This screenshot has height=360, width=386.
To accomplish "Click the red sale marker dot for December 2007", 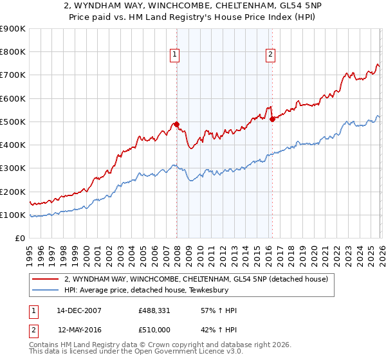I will coord(176,125).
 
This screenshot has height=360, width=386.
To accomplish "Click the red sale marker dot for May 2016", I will coord(272,119).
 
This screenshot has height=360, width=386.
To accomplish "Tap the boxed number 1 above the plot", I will coord(174,55).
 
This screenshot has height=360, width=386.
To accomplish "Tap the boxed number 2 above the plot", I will coord(270,55).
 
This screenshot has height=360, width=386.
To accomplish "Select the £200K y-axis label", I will coord(12,192).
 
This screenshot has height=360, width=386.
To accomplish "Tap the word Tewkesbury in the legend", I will coord(191,290).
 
